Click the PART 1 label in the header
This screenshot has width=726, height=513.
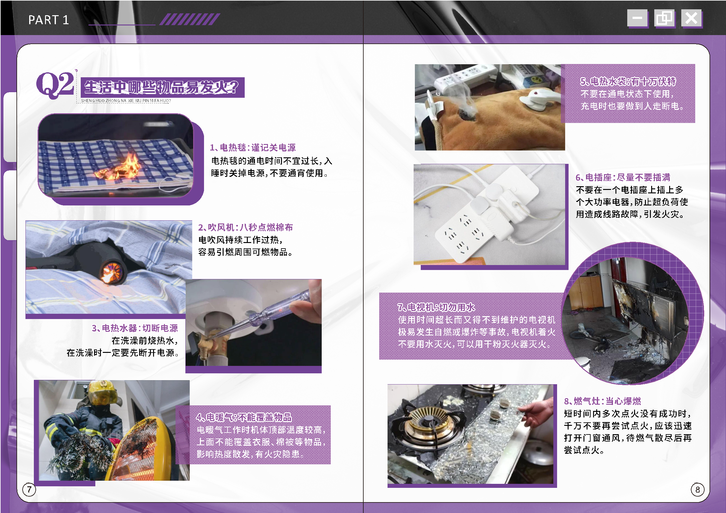[48, 20]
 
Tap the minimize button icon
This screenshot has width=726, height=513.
[637, 18]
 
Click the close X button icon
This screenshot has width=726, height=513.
[691, 18]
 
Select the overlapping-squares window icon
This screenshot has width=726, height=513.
[664, 18]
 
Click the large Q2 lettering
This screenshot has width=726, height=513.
[55, 84]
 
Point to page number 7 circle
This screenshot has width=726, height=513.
[29, 489]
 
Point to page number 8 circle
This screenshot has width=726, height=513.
[697, 490]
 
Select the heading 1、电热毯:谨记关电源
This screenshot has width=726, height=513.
[253, 148]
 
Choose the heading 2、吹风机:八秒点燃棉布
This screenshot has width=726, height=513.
[245, 227]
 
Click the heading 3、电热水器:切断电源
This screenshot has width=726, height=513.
[135, 328]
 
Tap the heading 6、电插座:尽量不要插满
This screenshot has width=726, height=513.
[623, 177]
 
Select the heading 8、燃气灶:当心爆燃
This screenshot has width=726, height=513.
[602, 401]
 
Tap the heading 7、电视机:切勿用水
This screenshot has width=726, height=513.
[436, 307]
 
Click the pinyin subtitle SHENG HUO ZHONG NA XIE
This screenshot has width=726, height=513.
[126, 101]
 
